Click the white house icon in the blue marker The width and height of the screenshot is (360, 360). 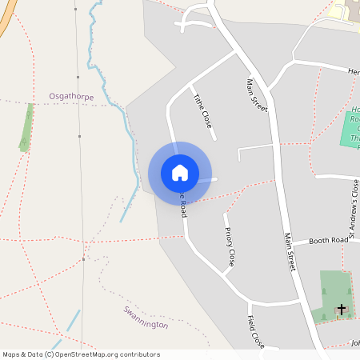pos(180,173)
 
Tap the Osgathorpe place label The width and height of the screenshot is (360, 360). pos(71,97)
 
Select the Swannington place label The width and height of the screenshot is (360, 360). pos(146,318)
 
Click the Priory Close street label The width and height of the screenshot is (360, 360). pos(230,246)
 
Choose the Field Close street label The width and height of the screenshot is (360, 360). pos(256,331)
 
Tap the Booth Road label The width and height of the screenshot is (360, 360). pos(330,240)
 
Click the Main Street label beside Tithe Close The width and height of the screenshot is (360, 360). pos(257,95)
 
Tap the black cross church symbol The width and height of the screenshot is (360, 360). pos(342,309)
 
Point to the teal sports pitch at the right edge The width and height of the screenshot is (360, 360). pos(351,129)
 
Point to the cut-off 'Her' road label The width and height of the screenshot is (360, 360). pos(354,71)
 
